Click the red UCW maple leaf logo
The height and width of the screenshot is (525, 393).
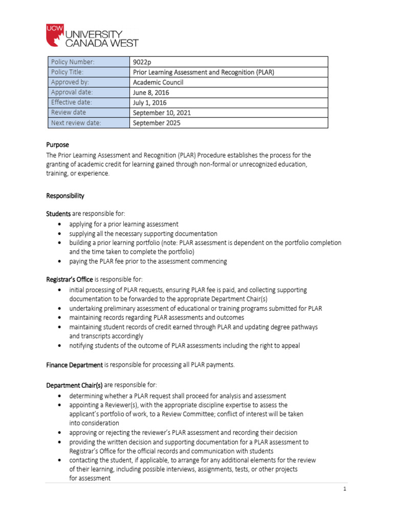coord(55,34)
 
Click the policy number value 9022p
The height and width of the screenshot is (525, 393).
coord(143,62)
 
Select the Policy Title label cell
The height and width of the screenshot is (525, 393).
coord(88,72)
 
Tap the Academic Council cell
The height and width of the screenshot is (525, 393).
coord(158,82)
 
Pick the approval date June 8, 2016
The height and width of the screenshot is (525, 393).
coord(150,92)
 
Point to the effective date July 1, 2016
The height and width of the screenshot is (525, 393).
coord(150,103)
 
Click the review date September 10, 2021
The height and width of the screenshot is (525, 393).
coord(162,113)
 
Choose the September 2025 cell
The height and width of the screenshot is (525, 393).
coord(157,123)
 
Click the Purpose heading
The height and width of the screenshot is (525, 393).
coord(57,145)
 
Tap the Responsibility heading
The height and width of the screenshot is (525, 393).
coord(65,196)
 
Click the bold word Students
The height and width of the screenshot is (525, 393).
coord(58,213)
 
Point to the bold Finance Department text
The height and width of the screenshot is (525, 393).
coord(75,365)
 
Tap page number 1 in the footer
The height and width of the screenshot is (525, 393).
coord(345,489)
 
